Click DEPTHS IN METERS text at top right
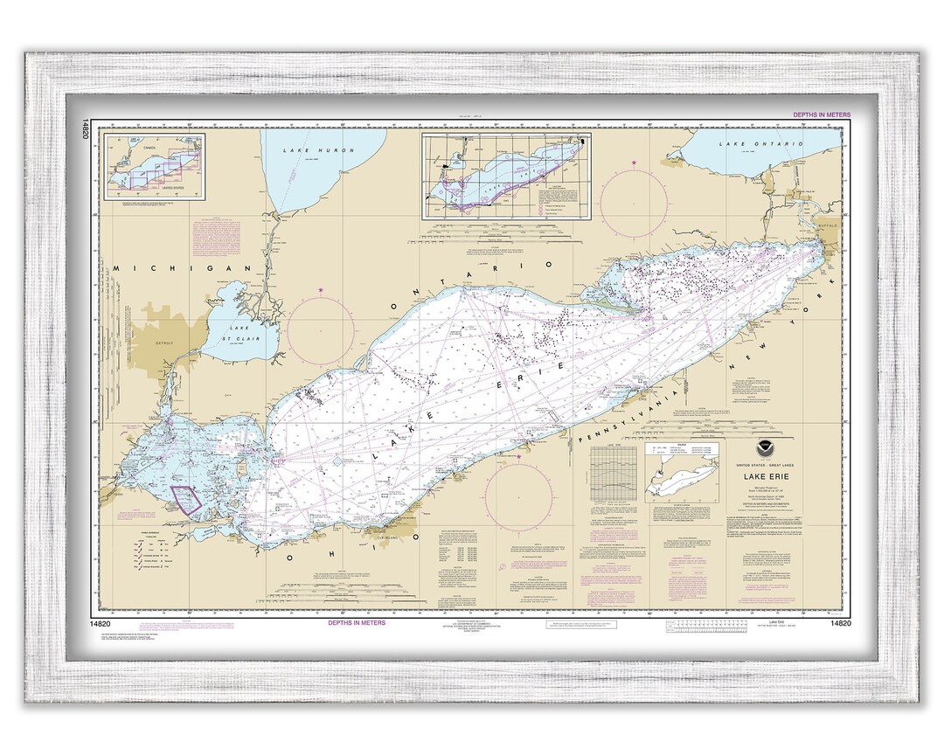pyautogui.click(x=818, y=115)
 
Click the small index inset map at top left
pyautogui.click(x=154, y=166)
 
